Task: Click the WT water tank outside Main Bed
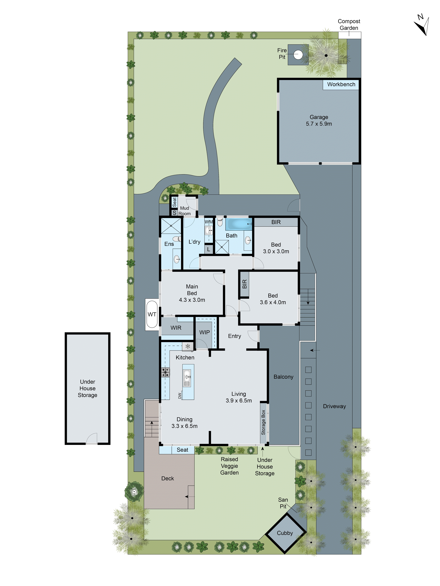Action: pos(152,314)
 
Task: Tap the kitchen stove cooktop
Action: pos(165,372)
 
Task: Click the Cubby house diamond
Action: pos(285,533)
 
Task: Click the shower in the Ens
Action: pos(171,226)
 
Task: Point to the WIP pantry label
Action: pos(204,332)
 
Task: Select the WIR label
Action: pos(176,328)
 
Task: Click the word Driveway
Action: pos(334,406)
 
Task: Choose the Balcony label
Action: pos(283,377)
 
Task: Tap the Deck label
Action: pos(168,478)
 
